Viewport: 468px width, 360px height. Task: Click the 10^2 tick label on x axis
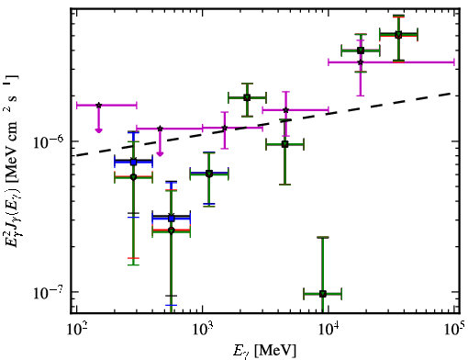coord(76,329)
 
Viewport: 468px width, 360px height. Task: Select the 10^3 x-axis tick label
coord(203,329)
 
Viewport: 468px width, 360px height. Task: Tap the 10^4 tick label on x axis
coord(329,329)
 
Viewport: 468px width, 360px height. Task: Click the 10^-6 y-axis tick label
coord(48,141)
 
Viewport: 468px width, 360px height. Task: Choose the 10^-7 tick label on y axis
coord(48,292)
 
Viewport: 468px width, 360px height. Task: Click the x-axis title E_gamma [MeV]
coord(264,351)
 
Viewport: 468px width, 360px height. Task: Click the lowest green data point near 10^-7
coord(322,294)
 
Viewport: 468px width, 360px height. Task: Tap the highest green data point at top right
coord(398,35)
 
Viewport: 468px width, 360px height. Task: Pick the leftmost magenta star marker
coord(98,106)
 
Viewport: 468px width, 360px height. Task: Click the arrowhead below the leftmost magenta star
coord(98,130)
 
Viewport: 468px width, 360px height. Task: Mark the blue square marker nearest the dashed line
coord(133,162)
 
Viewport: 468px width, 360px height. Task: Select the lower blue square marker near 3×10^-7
coord(172,219)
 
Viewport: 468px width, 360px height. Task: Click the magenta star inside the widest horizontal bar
coord(361,62)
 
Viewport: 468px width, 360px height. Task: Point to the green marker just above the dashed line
coord(247,98)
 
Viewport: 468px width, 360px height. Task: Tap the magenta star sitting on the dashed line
coord(225,128)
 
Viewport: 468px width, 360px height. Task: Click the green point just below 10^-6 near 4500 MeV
coord(284,144)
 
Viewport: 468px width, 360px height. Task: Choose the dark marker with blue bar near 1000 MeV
coord(209,174)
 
